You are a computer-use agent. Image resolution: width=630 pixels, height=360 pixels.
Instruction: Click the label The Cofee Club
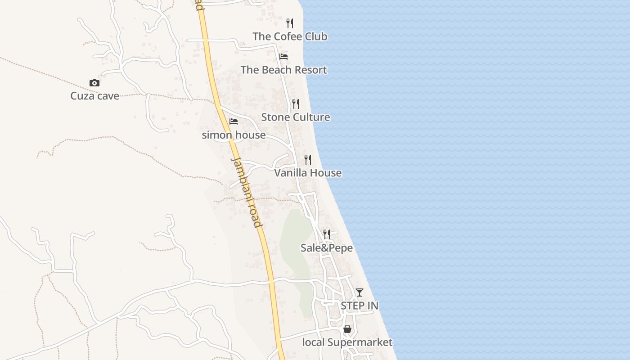[290, 36]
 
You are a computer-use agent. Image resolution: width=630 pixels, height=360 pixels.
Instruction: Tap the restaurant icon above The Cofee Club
[290, 23]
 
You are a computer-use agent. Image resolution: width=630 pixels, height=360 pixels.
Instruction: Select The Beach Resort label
[283, 70]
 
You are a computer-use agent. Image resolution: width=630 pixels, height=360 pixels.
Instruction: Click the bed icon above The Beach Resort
[283, 57]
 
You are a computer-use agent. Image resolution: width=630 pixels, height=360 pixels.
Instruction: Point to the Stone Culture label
[296, 117]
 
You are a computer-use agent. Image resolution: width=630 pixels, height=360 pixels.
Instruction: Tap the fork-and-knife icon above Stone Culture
[296, 104]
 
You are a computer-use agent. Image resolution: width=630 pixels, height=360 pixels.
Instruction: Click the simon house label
[234, 135]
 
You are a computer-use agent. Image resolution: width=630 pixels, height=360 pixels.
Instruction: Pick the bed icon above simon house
[234, 121]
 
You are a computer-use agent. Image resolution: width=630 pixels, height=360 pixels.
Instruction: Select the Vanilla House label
[308, 173]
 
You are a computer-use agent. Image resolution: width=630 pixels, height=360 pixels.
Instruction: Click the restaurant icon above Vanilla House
[308, 160]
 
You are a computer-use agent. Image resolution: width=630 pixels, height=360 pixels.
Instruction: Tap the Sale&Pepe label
[327, 248]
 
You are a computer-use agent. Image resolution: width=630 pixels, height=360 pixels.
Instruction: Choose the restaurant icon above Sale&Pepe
[327, 234]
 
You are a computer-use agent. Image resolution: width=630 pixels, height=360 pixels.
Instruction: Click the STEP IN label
[359, 306]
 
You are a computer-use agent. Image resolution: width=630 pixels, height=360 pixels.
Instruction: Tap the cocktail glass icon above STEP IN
[359, 292]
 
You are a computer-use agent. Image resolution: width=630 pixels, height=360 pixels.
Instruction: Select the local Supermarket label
[347, 342]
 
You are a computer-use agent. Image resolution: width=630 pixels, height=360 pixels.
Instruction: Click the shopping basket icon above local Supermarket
[347, 329]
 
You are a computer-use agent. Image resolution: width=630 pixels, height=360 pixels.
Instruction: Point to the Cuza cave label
[94, 96]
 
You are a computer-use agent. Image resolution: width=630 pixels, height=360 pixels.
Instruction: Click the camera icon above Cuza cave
[94, 83]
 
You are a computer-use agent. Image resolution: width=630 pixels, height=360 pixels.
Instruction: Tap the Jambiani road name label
[246, 192]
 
